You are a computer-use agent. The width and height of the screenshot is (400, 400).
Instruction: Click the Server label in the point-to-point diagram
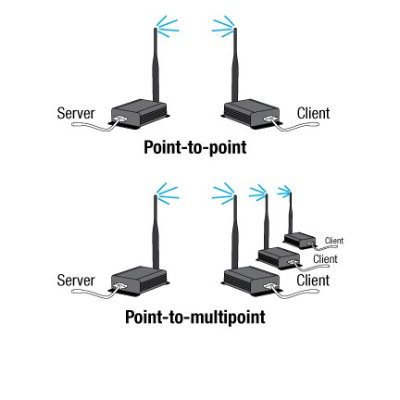[76, 113]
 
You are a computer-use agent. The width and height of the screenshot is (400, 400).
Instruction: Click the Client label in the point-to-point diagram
[312, 114]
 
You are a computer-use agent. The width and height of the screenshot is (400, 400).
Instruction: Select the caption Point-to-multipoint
[195, 316]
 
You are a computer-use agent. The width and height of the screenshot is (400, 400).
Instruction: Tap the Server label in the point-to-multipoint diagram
[76, 279]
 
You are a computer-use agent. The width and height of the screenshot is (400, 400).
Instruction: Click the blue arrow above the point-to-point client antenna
[222, 29]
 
